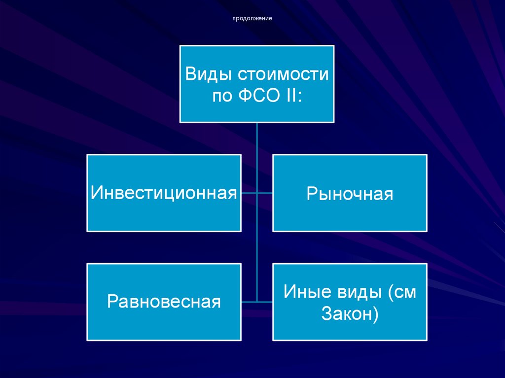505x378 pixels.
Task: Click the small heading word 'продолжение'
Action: (252, 19)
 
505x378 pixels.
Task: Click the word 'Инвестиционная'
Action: (164, 193)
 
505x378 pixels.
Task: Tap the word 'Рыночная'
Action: (350, 194)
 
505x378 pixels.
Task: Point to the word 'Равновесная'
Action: (164, 301)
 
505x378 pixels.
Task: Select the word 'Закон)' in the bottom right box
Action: (350, 313)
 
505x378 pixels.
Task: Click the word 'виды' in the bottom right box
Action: (357, 292)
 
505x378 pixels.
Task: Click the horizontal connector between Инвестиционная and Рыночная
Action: (257, 193)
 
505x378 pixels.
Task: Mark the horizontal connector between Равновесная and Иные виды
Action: (257, 301)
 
